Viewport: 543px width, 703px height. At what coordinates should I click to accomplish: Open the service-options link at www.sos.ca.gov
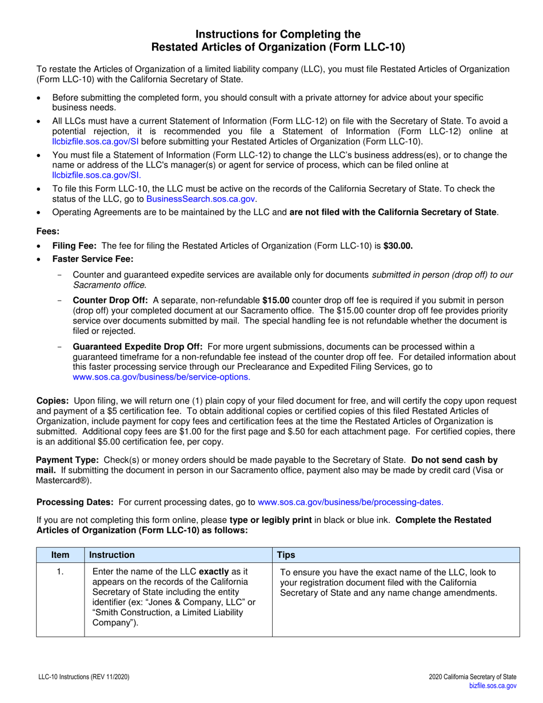pyautogui.click(x=161, y=377)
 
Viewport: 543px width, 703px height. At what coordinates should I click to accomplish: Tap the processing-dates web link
pyautogui.click(x=350, y=502)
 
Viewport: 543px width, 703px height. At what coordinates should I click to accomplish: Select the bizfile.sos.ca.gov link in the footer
pyautogui.click(x=493, y=686)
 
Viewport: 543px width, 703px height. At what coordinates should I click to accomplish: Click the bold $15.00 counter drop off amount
pyautogui.click(x=276, y=301)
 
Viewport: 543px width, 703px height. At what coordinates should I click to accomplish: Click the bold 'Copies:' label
pyautogui.click(x=53, y=401)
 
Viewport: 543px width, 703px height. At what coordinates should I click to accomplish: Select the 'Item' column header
pyautogui.click(x=60, y=555)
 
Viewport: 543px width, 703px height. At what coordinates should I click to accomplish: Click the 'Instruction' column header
pyautogui.click(x=113, y=555)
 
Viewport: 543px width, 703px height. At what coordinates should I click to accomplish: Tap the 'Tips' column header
pyautogui.click(x=286, y=555)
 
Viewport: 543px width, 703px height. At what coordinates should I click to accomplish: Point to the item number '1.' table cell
pyautogui.click(x=60, y=572)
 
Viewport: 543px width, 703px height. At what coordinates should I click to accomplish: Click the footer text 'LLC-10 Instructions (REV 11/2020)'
pyautogui.click(x=84, y=677)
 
